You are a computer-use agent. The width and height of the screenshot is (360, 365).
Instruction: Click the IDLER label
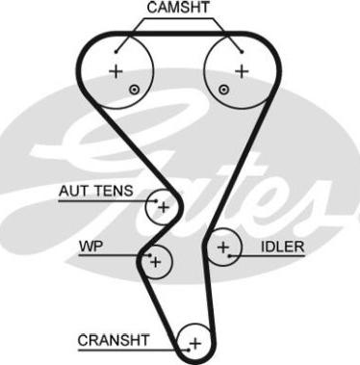tap(282, 248)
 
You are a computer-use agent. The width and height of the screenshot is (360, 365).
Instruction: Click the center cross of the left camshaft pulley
tap(116, 71)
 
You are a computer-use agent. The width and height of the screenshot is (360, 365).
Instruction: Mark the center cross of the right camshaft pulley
tap(241, 71)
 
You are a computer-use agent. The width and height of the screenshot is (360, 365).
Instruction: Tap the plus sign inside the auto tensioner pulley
tap(163, 206)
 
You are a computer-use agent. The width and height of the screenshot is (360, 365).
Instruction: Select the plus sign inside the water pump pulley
tap(155, 259)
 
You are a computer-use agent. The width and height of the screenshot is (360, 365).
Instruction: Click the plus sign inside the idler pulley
tap(223, 248)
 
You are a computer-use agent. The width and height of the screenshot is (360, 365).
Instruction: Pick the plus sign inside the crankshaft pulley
tap(194, 342)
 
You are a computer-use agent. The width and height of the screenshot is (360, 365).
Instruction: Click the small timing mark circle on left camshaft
tap(134, 90)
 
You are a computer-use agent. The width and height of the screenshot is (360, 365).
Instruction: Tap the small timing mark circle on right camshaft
tap(223, 90)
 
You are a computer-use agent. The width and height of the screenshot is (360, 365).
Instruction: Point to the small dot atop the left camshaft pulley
tap(116, 48)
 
